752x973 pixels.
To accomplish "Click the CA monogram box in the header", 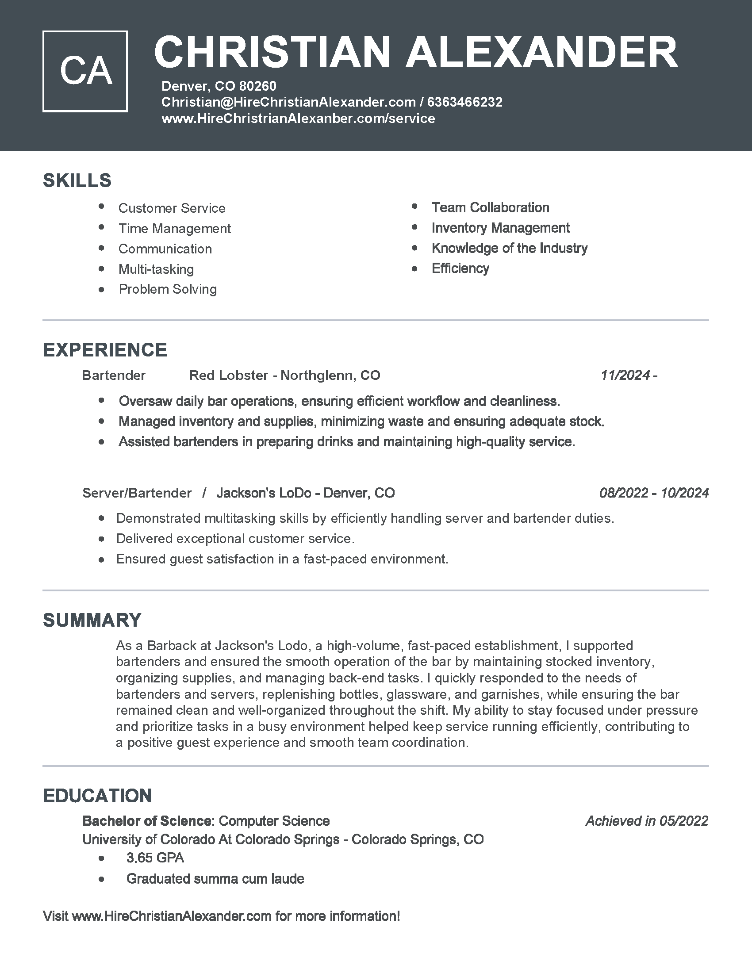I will [x=85, y=71].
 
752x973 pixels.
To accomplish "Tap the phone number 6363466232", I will [x=464, y=102].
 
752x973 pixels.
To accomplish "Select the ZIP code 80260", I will [x=257, y=86].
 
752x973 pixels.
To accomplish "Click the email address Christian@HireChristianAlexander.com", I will [x=288, y=102].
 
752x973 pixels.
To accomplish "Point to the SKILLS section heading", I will [x=77, y=180].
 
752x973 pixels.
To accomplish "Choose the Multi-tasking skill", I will [x=156, y=269].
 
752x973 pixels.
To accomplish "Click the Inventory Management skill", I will [x=500, y=228].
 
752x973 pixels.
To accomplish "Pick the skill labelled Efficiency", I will [x=460, y=268].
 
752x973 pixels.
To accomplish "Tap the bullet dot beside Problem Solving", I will [x=102, y=290].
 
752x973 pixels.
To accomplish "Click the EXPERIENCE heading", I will [x=105, y=350].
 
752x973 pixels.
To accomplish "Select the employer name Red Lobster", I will [x=229, y=375].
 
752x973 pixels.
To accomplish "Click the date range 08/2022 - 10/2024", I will [x=653, y=493].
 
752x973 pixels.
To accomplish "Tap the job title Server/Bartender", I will [x=137, y=493].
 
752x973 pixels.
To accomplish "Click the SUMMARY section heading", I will [x=92, y=620].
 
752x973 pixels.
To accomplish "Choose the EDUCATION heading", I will [x=98, y=796].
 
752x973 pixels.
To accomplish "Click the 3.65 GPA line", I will [x=155, y=858].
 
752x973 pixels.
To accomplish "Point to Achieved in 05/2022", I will [x=646, y=820].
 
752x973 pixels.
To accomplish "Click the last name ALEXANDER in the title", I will [x=541, y=52].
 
